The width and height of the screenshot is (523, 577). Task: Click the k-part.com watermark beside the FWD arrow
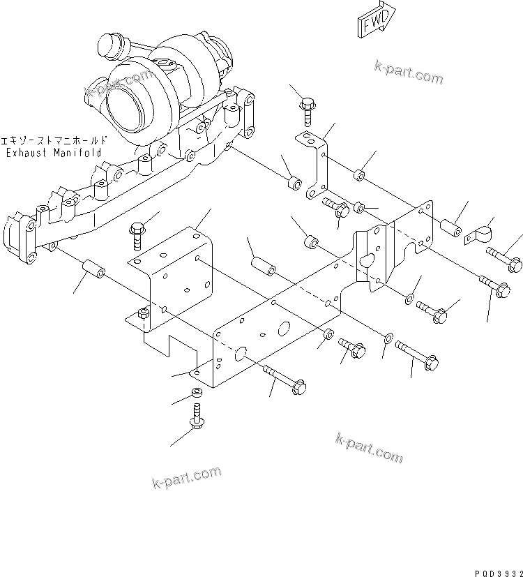pos(409,72)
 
